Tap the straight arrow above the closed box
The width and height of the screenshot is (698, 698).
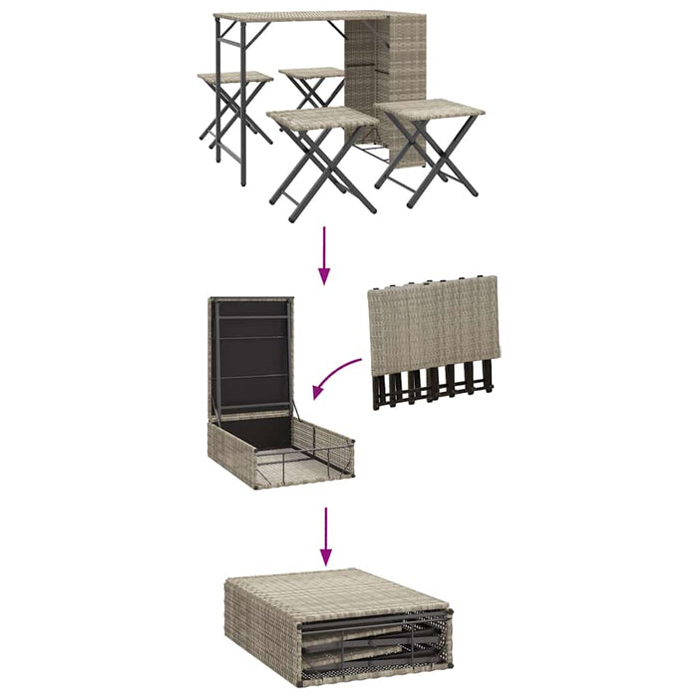click(x=323, y=537)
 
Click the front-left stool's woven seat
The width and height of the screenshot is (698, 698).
click(x=322, y=119)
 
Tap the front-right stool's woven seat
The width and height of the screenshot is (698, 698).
click(x=429, y=111)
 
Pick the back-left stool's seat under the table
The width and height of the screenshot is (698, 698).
click(x=234, y=77)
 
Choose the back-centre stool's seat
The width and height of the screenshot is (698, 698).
click(x=312, y=73)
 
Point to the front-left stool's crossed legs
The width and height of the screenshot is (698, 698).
click(x=321, y=170)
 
